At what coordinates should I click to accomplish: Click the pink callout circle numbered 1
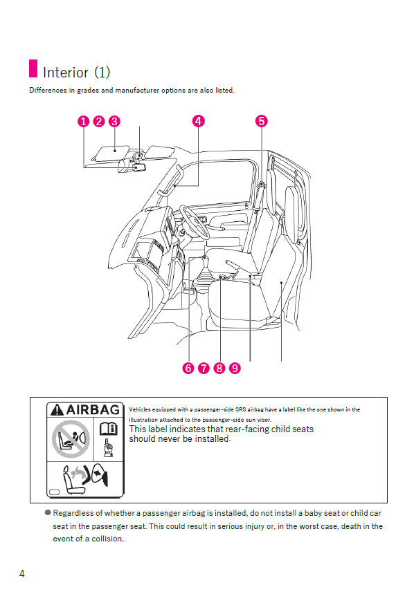83,121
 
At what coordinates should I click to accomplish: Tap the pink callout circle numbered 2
99,121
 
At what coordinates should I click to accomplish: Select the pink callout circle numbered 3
115,121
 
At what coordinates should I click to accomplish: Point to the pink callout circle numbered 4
198,121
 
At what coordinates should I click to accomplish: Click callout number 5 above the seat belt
261,121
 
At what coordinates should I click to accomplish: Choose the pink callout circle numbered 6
188,368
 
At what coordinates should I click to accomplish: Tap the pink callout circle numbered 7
204,368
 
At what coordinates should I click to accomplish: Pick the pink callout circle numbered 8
219,368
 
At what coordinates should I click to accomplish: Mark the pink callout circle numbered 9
235,368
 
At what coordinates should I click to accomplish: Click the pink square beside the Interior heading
33,69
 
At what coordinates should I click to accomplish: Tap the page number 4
22,574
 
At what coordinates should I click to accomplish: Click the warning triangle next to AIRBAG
57,410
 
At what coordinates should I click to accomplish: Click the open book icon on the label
108,429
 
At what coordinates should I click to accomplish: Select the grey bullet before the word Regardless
48,513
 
